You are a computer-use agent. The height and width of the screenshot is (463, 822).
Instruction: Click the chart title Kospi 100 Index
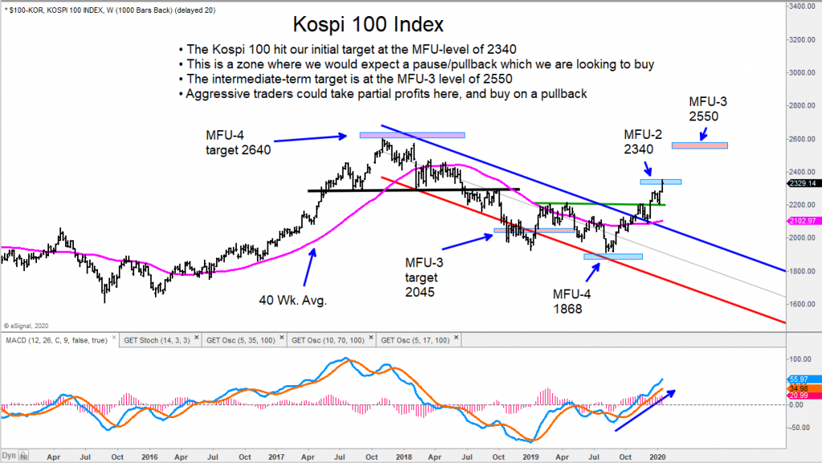[x=368, y=24]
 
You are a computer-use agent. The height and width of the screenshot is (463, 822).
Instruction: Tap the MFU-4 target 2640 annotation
[x=238, y=143]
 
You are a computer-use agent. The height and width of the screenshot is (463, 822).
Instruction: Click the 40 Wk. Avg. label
[x=292, y=300]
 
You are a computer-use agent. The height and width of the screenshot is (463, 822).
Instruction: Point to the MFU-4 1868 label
[x=572, y=301]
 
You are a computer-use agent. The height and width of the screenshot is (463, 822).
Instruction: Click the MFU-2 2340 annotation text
[x=643, y=142]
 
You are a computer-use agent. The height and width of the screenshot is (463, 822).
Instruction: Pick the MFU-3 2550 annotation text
[x=708, y=109]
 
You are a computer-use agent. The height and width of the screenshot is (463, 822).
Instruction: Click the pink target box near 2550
[x=699, y=145]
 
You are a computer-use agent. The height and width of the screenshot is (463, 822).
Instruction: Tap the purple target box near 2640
[x=412, y=135]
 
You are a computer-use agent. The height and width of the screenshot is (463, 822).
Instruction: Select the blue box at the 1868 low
[x=613, y=257]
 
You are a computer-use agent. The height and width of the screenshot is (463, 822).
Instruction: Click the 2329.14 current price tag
[x=802, y=183]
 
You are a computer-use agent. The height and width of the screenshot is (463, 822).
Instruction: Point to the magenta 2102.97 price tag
[x=802, y=221]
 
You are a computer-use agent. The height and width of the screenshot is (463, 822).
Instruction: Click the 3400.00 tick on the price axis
[x=802, y=6]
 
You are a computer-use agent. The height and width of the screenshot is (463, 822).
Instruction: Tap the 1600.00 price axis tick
[x=802, y=304]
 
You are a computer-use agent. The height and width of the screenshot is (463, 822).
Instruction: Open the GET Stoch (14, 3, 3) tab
[x=157, y=340]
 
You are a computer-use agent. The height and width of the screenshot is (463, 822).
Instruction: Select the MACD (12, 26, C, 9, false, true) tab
[x=56, y=340]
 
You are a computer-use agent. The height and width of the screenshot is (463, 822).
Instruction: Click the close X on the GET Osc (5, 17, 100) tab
[x=456, y=339]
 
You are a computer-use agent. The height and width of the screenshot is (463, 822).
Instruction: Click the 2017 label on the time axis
[x=276, y=457]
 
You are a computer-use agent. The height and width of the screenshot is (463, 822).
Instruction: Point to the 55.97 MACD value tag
[x=799, y=380]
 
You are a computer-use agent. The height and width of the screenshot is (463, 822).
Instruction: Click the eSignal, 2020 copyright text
[x=26, y=326]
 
